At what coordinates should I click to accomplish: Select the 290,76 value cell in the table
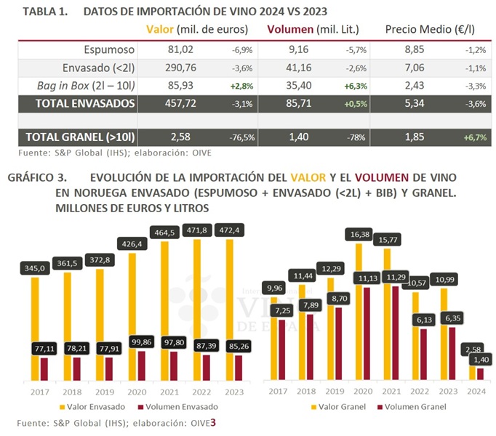pyautogui.click(x=175, y=68)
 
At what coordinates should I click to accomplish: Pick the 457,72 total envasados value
pyautogui.click(x=175, y=104)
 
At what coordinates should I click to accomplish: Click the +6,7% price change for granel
pyautogui.click(x=476, y=137)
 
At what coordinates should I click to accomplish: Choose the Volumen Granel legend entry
pyautogui.click(x=404, y=406)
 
